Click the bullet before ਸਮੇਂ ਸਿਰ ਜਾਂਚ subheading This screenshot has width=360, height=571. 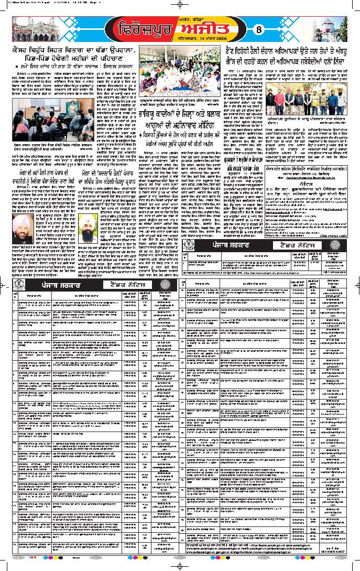point(16,69)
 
